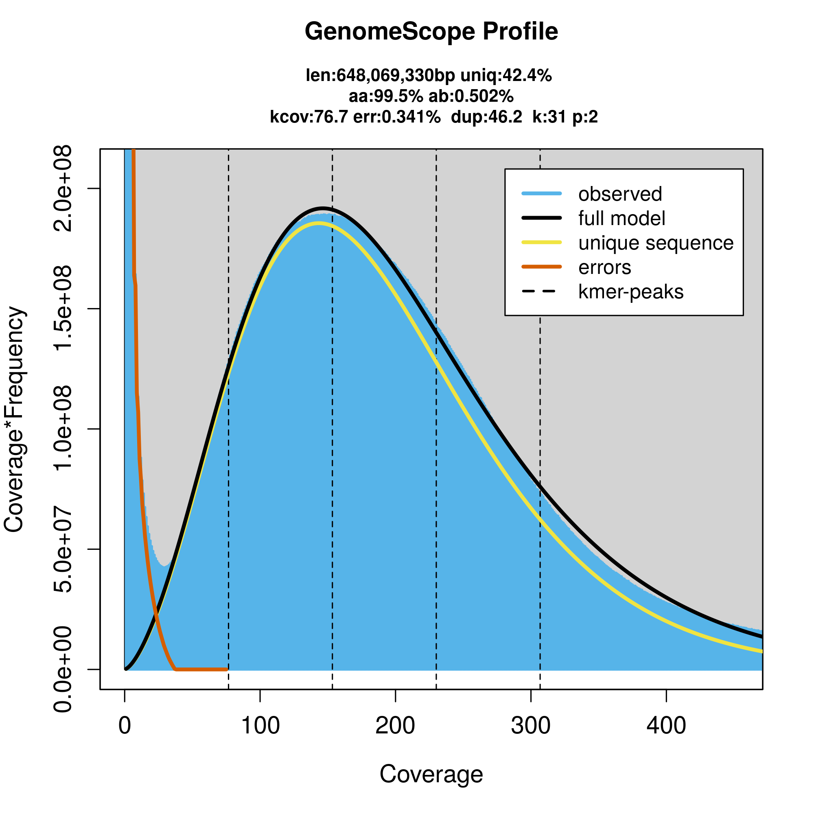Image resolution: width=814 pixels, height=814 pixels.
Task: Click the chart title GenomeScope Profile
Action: click(x=431, y=32)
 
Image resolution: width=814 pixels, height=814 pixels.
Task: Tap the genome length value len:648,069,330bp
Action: click(x=380, y=76)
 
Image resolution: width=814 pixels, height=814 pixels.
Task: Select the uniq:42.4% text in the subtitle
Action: click(x=506, y=76)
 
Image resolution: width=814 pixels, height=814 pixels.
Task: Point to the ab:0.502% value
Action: click(x=471, y=96)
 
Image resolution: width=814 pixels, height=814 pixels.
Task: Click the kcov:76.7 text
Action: click(x=309, y=117)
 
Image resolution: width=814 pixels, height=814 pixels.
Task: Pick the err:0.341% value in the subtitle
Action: click(x=396, y=117)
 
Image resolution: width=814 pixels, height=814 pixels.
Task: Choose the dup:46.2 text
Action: click(x=486, y=117)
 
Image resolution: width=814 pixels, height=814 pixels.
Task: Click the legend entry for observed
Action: click(x=620, y=194)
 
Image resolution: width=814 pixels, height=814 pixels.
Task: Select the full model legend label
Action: click(x=621, y=219)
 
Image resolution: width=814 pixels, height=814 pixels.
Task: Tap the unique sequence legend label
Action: click(x=656, y=243)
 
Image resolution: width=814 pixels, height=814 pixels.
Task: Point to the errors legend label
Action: click(x=605, y=267)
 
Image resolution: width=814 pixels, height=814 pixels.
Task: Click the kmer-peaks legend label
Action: click(x=631, y=292)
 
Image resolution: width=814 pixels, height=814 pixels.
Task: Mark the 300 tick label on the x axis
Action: click(x=531, y=726)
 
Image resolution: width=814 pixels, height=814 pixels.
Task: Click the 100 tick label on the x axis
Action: click(x=260, y=726)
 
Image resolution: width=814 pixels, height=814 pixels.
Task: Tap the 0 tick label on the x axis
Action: click(x=125, y=726)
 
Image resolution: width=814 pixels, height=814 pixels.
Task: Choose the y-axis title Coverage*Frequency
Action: click(x=14, y=419)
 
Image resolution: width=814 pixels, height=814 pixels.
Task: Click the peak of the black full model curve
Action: click(x=323, y=208)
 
